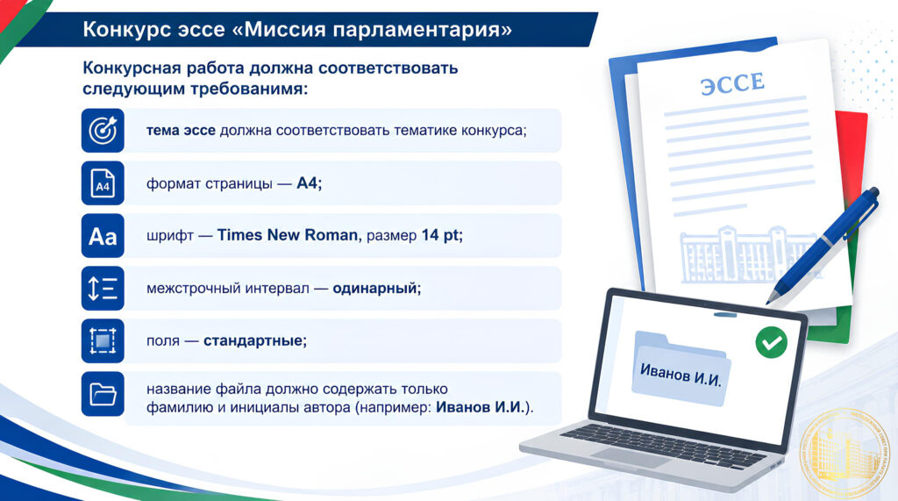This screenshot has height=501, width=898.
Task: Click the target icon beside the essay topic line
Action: tap(103, 130)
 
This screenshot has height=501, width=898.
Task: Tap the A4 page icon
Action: tap(103, 183)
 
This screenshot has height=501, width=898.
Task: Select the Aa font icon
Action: tap(103, 236)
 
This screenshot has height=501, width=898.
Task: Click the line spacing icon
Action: tap(103, 289)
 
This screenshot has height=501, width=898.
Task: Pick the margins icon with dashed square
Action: tap(103, 341)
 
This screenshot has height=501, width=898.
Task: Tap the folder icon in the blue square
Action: tap(103, 394)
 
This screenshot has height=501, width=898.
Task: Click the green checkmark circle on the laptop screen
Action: tap(772, 342)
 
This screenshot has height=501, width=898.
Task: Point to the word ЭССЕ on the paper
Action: tap(732, 83)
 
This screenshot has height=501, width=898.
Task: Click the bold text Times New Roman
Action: tap(288, 235)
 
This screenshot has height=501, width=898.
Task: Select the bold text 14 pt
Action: tap(440, 235)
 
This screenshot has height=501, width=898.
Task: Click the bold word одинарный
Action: tap(375, 288)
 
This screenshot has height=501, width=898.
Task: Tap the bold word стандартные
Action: tap(253, 340)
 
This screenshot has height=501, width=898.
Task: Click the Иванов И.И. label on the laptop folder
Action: tap(681, 376)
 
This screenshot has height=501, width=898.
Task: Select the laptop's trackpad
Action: tap(631, 456)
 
